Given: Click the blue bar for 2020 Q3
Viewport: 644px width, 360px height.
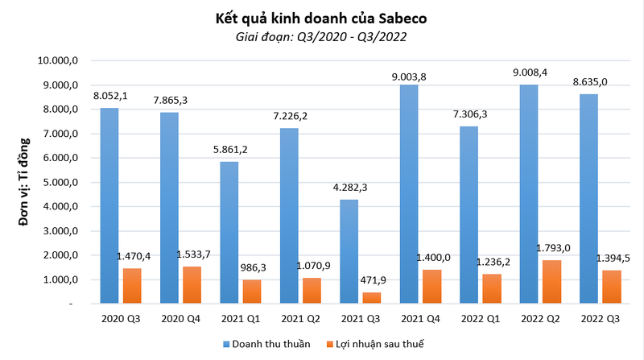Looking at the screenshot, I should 110,205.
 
